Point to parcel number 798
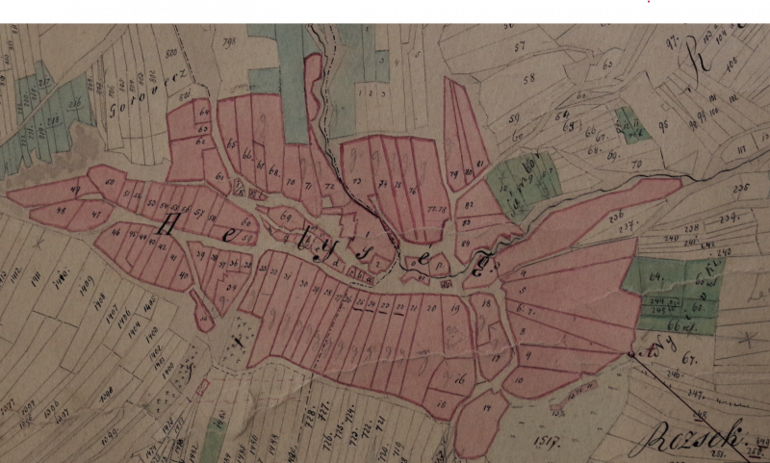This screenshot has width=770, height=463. click(x=229, y=41)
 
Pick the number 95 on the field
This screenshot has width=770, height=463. click(x=663, y=122)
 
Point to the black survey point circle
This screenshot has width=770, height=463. click(x=632, y=354)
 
